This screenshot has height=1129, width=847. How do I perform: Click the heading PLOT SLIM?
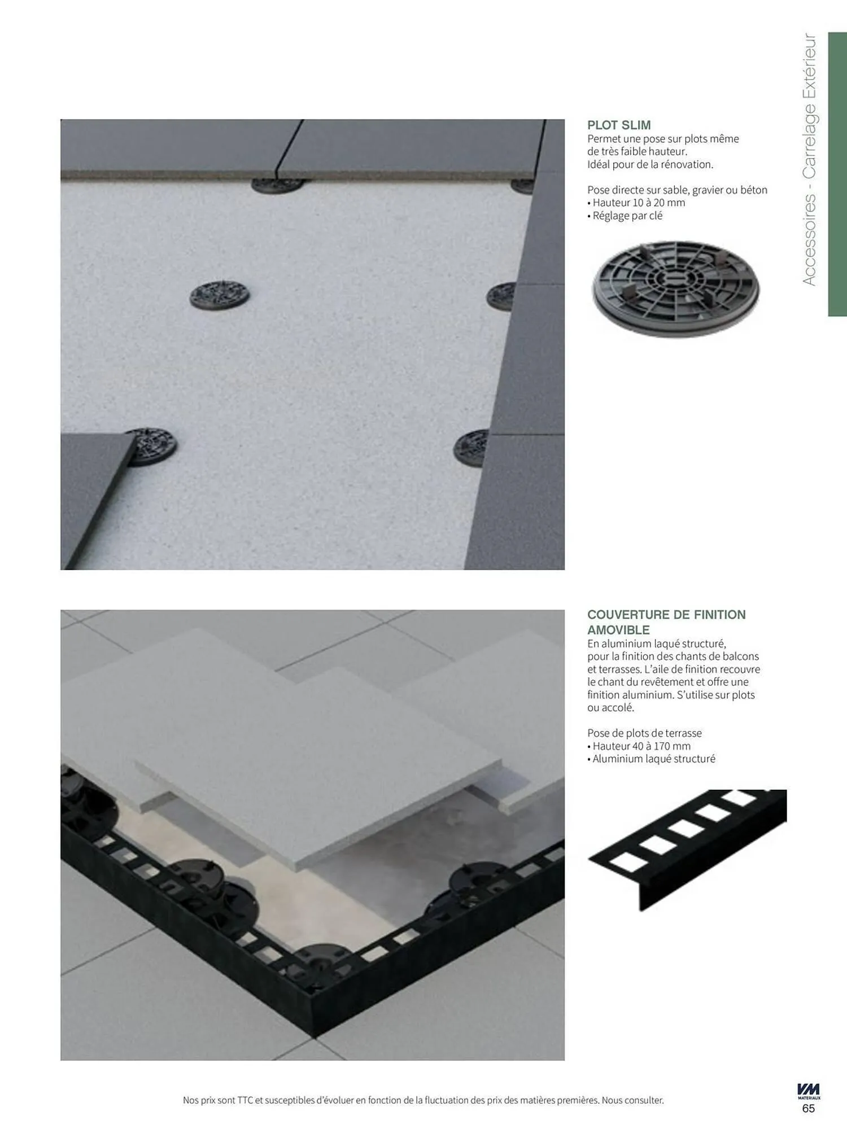pyautogui.click(x=619, y=125)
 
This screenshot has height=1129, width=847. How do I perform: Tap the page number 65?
pyautogui.click(x=808, y=1108)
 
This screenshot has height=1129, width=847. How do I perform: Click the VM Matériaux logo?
pyautogui.click(x=809, y=1091)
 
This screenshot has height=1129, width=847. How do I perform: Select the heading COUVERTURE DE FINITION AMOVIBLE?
pyautogui.click(x=666, y=622)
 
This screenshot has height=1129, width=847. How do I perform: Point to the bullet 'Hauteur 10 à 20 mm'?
pyautogui.click(x=636, y=203)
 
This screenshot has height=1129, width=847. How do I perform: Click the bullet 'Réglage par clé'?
pyautogui.click(x=625, y=216)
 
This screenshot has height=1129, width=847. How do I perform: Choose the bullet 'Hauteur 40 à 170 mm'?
pyautogui.click(x=639, y=746)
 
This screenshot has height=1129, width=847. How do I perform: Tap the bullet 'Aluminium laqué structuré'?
pyautogui.click(x=651, y=759)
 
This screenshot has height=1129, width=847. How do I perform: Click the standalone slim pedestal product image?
pyautogui.click(x=676, y=289)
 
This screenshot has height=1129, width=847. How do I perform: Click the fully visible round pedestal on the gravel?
pyautogui.click(x=219, y=295)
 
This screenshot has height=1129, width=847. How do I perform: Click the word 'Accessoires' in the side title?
pyautogui.click(x=809, y=239)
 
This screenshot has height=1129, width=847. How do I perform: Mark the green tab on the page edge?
pyautogui.click(x=837, y=174)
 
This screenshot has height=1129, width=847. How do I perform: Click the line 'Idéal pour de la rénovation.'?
pyautogui.click(x=650, y=164)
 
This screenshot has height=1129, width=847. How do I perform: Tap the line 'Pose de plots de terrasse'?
pyautogui.click(x=644, y=733)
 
